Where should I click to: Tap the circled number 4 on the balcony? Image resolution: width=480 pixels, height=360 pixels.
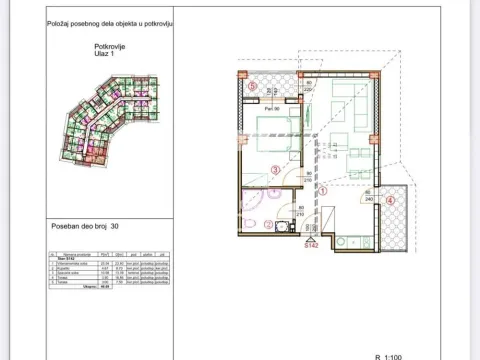(x=390, y=200)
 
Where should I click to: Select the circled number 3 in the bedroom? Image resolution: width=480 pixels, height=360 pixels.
(x=275, y=170)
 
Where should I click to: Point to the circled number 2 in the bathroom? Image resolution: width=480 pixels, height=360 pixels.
(x=267, y=224)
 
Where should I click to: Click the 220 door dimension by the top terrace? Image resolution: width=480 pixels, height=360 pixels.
(x=310, y=88)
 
